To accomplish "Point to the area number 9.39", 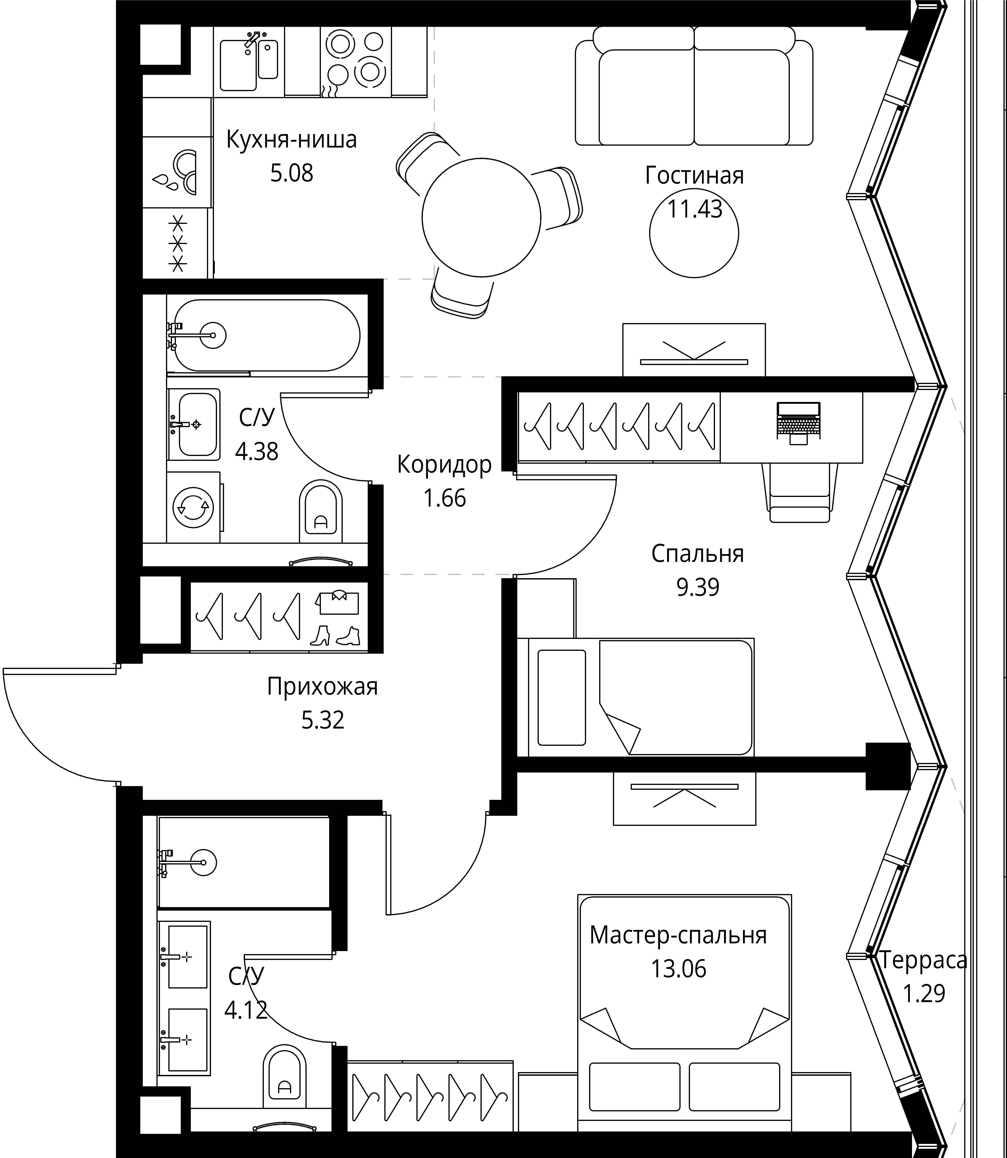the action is click(x=697, y=587).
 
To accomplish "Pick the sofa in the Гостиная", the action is click(x=694, y=86).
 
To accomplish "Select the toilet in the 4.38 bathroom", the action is click(x=321, y=511).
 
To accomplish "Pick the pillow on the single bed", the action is click(x=561, y=697).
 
